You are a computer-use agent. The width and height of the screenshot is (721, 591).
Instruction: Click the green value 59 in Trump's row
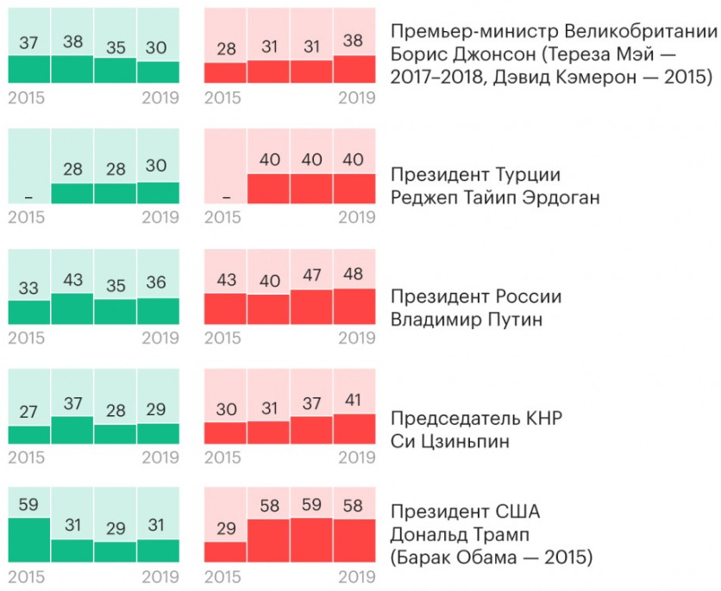coord(28,505)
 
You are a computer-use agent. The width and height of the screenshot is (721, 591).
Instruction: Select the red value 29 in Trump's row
coord(226,529)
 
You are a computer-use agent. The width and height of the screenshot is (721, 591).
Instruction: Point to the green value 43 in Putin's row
coord(72,280)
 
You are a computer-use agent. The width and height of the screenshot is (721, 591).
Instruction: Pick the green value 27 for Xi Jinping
coord(28,413)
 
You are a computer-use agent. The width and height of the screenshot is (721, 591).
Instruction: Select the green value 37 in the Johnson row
coord(28,42)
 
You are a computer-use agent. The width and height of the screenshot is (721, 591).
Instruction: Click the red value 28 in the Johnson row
coord(226,49)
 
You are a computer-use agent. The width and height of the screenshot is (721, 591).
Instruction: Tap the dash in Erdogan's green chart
coord(28,197)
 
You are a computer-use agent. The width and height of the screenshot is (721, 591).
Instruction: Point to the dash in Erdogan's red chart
coord(226,197)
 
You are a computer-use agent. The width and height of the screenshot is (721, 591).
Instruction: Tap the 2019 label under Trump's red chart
coord(357,577)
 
